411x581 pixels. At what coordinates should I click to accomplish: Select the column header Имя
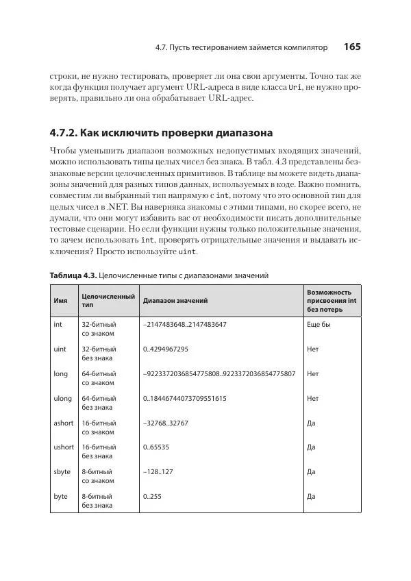click(x=60, y=300)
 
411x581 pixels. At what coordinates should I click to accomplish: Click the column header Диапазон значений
click(x=175, y=300)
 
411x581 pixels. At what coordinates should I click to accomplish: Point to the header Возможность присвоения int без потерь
click(x=332, y=300)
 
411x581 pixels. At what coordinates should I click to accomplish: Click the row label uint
click(x=60, y=349)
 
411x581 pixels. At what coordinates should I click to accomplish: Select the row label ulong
click(x=62, y=398)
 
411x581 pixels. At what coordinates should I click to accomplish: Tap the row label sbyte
click(x=62, y=471)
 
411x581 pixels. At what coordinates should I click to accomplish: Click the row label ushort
click(x=64, y=447)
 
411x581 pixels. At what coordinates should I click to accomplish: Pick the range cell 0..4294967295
click(x=166, y=349)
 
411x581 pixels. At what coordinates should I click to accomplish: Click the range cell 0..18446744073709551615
click(x=184, y=398)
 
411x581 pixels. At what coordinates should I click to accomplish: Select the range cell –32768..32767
click(x=165, y=423)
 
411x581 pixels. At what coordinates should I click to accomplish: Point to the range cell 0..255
click(x=152, y=496)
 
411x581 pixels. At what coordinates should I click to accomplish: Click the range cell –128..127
click(x=158, y=471)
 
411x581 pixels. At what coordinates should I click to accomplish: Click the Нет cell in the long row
click(x=313, y=373)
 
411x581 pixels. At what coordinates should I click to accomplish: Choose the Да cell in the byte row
click(x=311, y=496)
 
